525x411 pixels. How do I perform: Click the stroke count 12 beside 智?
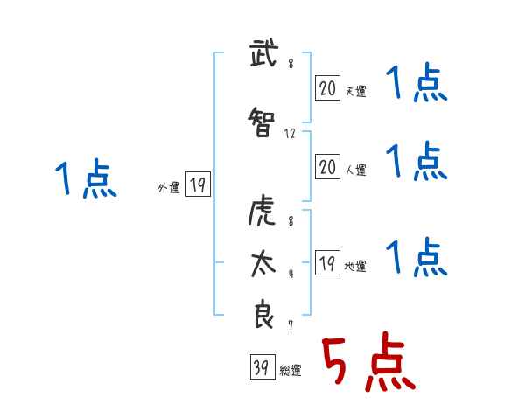coord(290,134)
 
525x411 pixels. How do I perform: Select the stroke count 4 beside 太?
coord(290,273)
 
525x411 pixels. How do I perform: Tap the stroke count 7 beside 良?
coord(290,325)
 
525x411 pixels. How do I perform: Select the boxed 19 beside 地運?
coord(327,264)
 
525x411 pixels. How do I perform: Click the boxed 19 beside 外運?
coord(197,185)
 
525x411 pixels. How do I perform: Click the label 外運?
coord(168,186)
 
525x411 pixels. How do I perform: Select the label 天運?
coord(355,89)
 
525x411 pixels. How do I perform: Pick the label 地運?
coord(355,267)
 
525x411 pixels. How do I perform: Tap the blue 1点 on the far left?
coord(86,180)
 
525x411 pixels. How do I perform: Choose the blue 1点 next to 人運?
coord(416,161)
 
